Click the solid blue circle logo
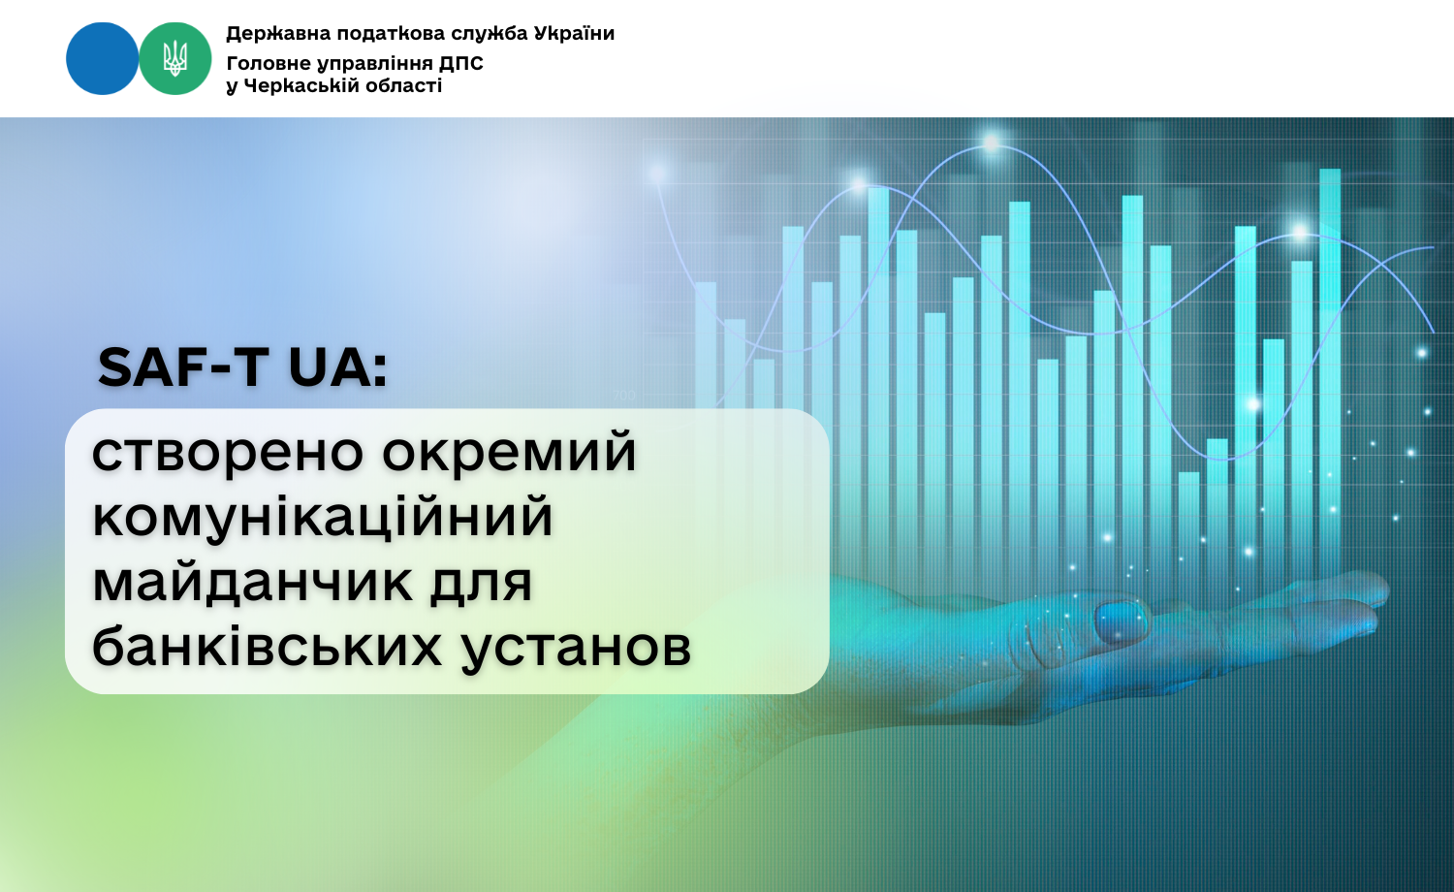tap(103, 58)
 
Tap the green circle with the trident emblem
tap(175, 58)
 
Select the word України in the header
tap(574, 33)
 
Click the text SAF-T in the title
tap(183, 366)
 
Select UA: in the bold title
tap(337, 366)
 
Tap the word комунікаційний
tap(323, 516)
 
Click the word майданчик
tap(252, 582)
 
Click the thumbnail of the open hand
tap(1121, 621)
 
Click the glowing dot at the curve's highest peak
tap(992, 143)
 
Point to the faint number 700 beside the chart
tap(624, 396)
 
